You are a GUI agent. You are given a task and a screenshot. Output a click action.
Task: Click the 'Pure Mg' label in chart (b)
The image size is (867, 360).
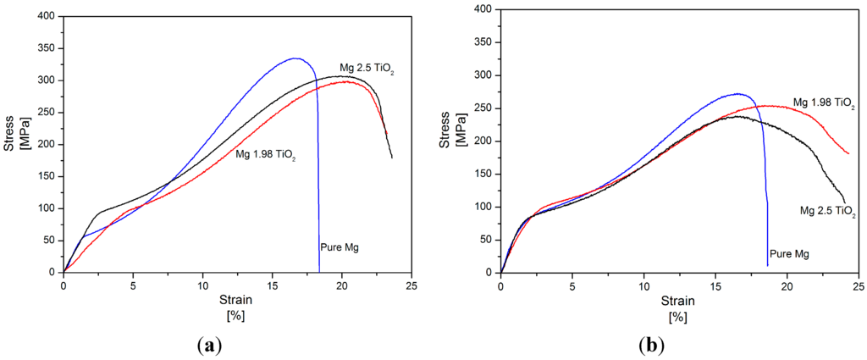click(x=788, y=253)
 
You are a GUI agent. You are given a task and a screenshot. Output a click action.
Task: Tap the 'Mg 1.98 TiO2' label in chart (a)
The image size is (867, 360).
click(x=265, y=156)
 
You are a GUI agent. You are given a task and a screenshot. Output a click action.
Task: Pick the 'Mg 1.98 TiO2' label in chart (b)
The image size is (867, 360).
click(x=823, y=102)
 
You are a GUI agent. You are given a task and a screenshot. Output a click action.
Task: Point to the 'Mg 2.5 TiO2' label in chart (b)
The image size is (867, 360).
click(x=829, y=211)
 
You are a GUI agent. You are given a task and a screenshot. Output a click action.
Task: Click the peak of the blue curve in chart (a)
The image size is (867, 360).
click(x=295, y=58)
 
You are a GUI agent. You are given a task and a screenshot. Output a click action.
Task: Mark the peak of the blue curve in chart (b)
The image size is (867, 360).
click(x=737, y=94)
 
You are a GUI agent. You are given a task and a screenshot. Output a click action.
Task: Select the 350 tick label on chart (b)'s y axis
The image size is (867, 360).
click(x=483, y=42)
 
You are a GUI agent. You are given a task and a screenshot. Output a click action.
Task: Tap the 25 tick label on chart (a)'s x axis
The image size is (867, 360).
click(x=411, y=285)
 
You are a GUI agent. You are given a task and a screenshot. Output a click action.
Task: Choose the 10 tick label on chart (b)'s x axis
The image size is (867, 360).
click(x=643, y=285)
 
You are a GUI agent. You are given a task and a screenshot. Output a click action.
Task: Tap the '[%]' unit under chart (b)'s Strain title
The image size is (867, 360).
click(x=678, y=317)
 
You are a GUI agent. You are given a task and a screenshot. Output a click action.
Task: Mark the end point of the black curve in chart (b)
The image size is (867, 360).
click(x=844, y=202)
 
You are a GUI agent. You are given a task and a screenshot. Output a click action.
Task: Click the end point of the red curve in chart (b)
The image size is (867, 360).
click(x=849, y=153)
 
